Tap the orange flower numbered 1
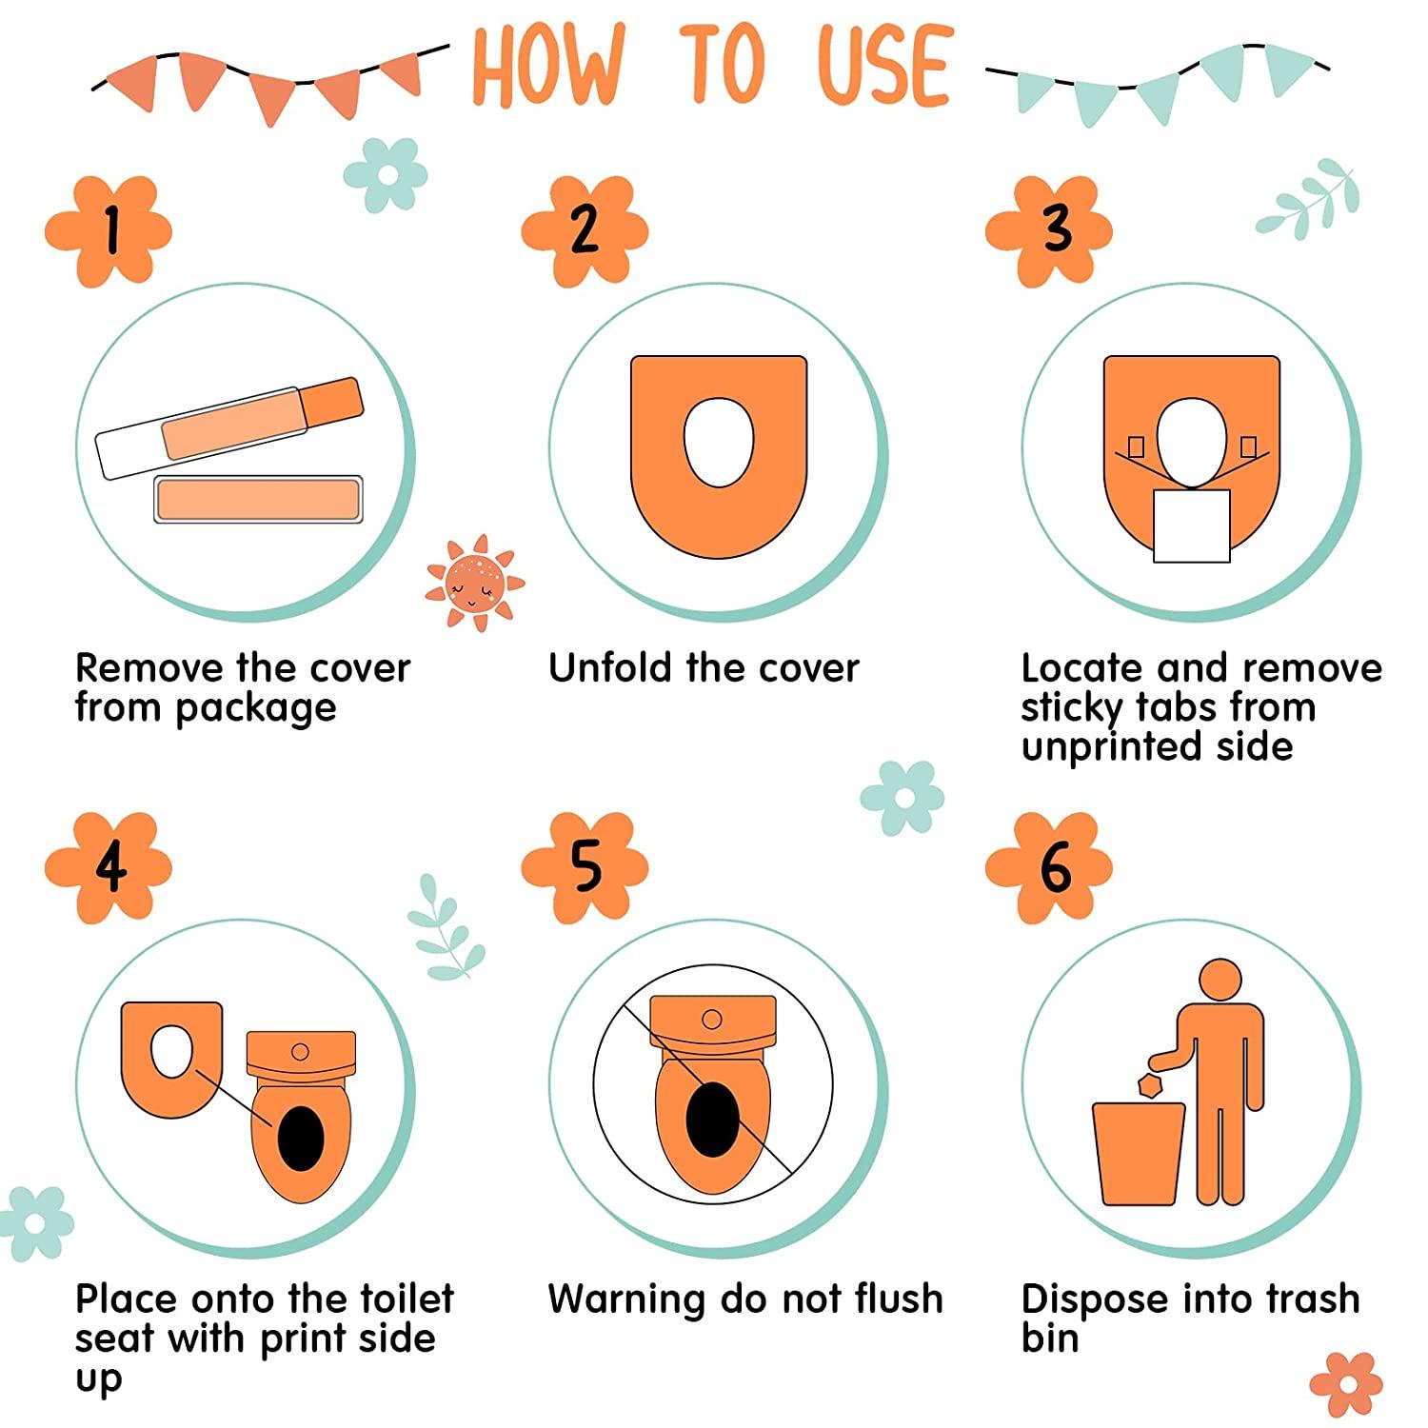tap(109, 231)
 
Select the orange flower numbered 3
tap(1049, 231)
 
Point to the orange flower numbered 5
tap(585, 867)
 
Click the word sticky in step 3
tap(1072, 709)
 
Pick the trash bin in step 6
tap(1139, 1154)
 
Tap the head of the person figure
tap(1220, 980)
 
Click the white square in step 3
tap(1192, 526)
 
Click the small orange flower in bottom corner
tap(1346, 1383)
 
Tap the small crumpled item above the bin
tap(1151, 1084)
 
